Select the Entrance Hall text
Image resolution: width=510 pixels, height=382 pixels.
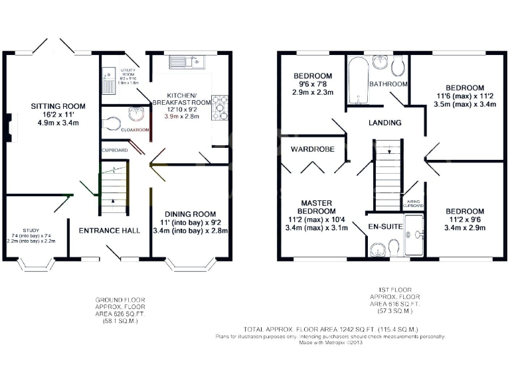point(110,231)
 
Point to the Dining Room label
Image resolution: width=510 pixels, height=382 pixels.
point(190,214)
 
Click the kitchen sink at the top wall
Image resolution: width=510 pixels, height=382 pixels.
point(188,62)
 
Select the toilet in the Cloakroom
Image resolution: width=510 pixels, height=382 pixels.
point(112,123)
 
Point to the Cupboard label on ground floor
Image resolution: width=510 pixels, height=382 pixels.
point(114,151)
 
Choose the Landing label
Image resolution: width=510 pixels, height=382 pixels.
point(384,123)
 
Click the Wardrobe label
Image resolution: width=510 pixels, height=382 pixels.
point(311,149)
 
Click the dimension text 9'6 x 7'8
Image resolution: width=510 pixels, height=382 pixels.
point(311,85)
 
